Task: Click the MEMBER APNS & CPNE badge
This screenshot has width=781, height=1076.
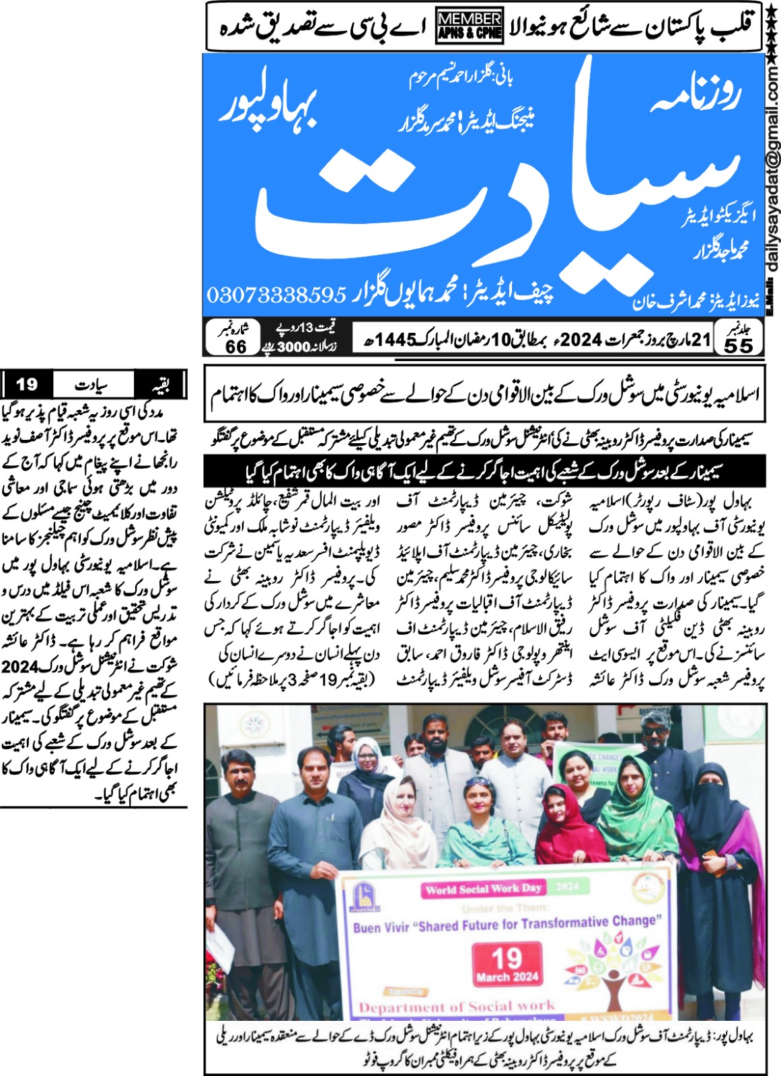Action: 470,26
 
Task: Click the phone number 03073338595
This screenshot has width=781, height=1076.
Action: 276,295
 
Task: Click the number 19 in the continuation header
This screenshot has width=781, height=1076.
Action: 27,385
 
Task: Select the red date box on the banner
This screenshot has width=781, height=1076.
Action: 507,964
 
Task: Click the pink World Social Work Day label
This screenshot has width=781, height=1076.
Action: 484,889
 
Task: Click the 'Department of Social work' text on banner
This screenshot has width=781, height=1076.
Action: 457,1007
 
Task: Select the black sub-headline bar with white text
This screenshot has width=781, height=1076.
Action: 484,471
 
